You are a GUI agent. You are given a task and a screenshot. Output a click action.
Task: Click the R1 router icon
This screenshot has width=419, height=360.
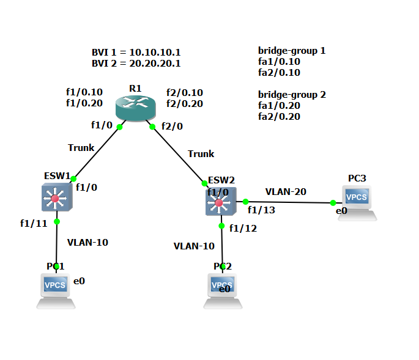point(135,109)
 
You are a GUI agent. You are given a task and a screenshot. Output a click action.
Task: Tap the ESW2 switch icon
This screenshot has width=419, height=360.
point(218,202)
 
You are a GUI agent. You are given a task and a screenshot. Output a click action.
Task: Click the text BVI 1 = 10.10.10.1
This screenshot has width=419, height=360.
point(136,53)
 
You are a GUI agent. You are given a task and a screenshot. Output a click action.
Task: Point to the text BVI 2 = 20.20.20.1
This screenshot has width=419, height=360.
point(136,63)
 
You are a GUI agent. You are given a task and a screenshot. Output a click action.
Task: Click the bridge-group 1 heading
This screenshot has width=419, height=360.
point(292,50)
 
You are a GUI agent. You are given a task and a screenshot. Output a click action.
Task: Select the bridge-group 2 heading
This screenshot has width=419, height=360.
point(292,95)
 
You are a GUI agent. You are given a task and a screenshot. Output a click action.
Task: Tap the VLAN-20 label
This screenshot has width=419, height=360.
point(286,191)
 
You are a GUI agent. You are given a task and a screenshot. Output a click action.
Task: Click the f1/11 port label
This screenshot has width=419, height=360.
point(33,223)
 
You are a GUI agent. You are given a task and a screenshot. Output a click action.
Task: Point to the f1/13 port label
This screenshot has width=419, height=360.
point(261,210)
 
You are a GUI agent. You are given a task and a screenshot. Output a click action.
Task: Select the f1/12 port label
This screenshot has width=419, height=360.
point(243,229)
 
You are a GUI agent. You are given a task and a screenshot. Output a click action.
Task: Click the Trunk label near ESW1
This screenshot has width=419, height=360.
point(81,147)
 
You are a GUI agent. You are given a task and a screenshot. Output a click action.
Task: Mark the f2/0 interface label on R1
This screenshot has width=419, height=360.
point(172,126)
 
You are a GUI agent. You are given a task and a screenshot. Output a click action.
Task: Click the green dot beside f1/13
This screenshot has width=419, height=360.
point(245,201)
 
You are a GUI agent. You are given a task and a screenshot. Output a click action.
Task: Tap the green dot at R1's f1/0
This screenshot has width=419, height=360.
point(119,127)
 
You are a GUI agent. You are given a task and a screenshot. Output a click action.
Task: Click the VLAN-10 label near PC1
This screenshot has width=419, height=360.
point(87,242)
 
